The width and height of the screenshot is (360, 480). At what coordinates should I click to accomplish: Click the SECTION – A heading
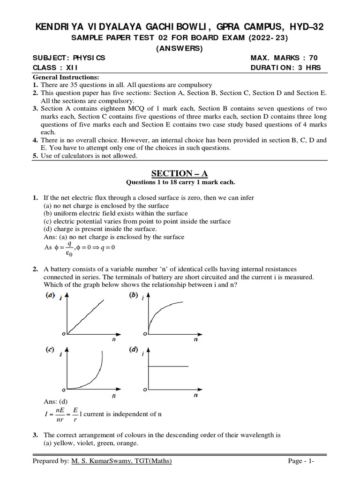(x=180, y=173)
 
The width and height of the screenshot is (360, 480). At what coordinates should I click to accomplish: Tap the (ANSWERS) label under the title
(x=180, y=48)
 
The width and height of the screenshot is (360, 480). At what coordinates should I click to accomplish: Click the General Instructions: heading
(x=65, y=77)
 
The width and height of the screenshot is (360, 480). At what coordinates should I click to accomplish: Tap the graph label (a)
(x=50, y=296)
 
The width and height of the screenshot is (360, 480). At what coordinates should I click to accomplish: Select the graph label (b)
(x=134, y=295)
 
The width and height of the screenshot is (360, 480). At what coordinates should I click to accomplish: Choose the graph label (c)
(x=50, y=350)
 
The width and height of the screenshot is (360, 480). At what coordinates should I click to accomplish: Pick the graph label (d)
(x=134, y=350)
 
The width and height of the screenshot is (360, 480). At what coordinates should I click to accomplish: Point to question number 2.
(x=35, y=269)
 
